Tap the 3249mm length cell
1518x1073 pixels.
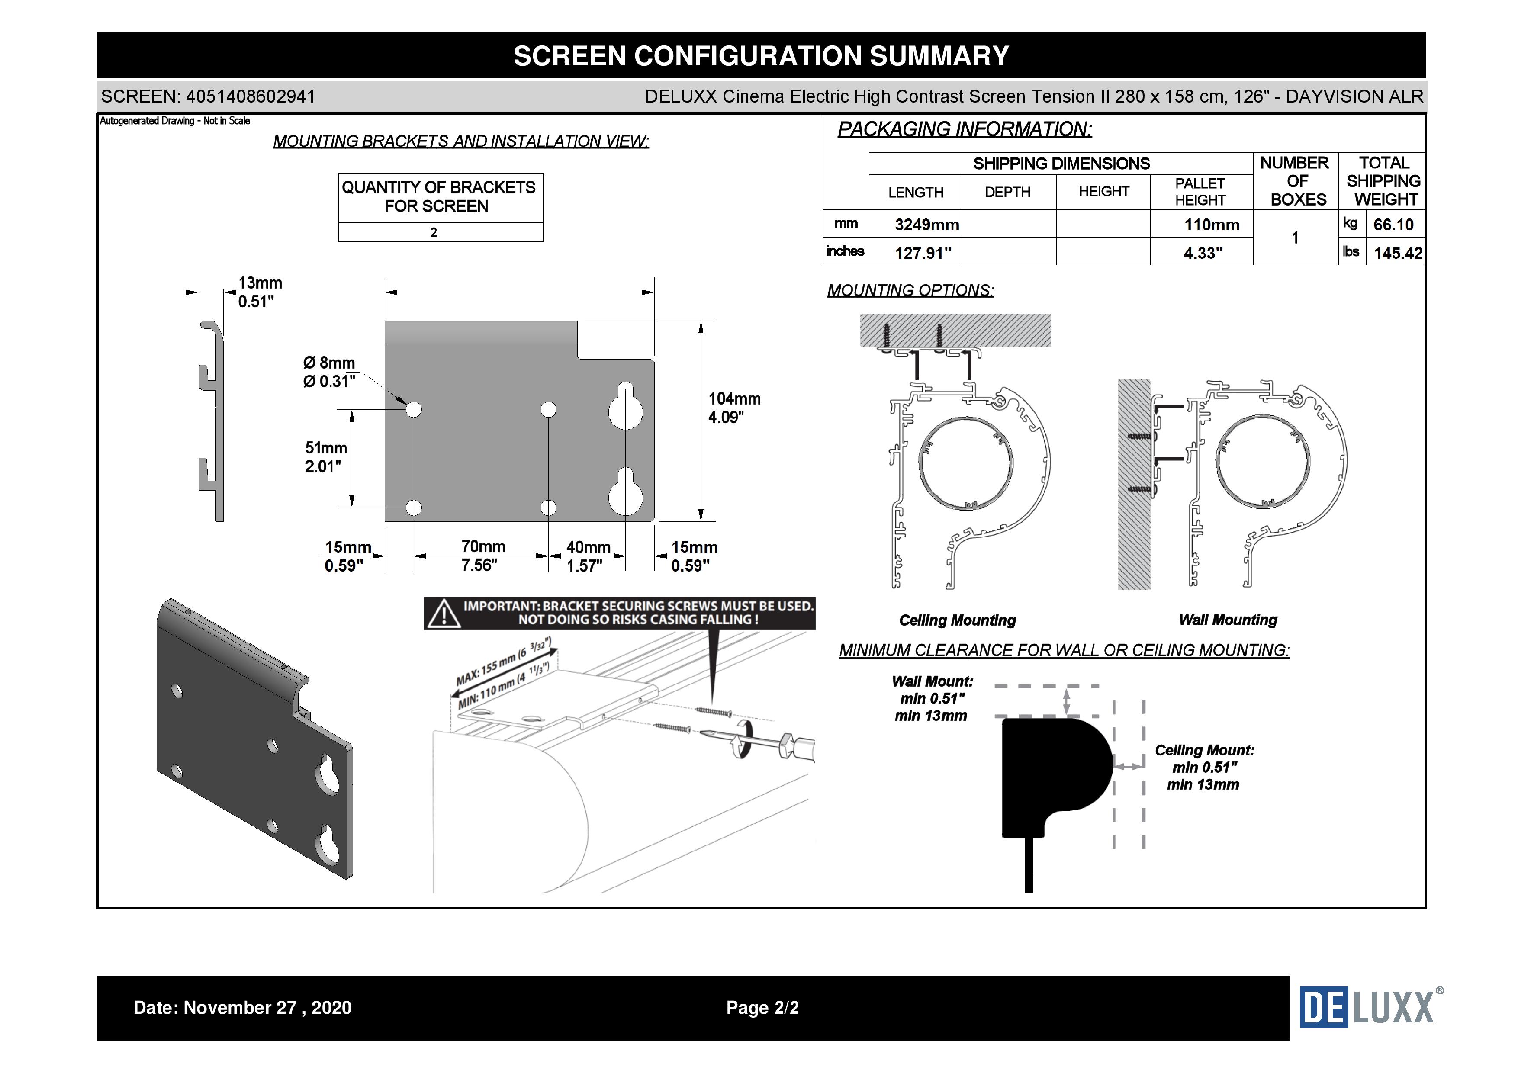point(926,225)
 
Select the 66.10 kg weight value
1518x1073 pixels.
point(1393,225)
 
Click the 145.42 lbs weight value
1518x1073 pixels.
point(1397,253)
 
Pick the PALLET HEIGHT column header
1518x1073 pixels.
point(1200,192)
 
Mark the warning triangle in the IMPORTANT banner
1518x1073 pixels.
point(444,614)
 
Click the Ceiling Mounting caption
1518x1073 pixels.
point(957,620)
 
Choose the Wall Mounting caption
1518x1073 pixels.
point(1228,620)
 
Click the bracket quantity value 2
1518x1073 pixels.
point(434,232)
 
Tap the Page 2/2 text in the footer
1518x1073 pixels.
point(762,1008)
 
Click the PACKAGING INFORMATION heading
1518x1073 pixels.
point(965,129)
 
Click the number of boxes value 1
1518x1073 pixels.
point(1295,238)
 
